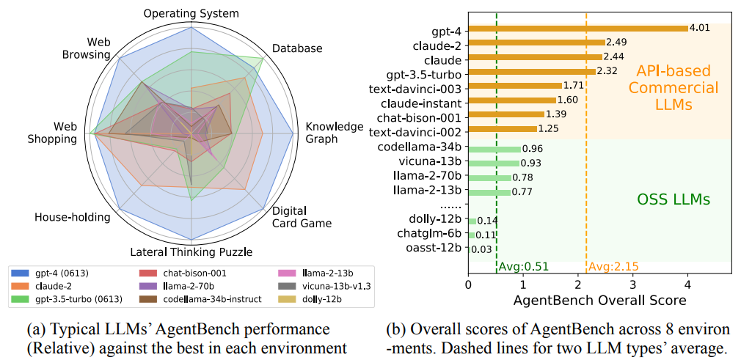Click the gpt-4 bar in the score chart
pos(577,29)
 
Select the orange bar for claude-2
pos(536,43)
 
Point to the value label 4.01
pos(699,29)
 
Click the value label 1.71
pos(574,87)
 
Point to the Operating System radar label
pos(191,14)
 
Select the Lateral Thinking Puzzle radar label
pos(192,251)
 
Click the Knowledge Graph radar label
pos(334,133)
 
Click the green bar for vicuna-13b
pos(494,163)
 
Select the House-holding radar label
pos(72,217)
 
